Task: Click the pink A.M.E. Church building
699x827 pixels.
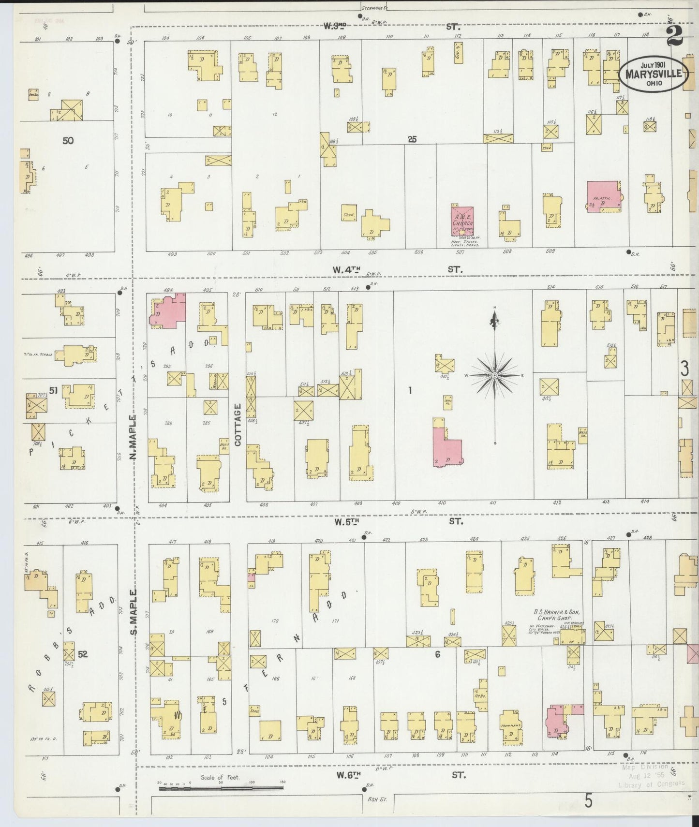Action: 462,221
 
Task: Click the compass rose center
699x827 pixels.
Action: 494,375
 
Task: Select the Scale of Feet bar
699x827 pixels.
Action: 221,788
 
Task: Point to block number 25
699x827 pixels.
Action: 412,139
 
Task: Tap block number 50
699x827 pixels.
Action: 68,141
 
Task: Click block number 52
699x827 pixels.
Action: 83,654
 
